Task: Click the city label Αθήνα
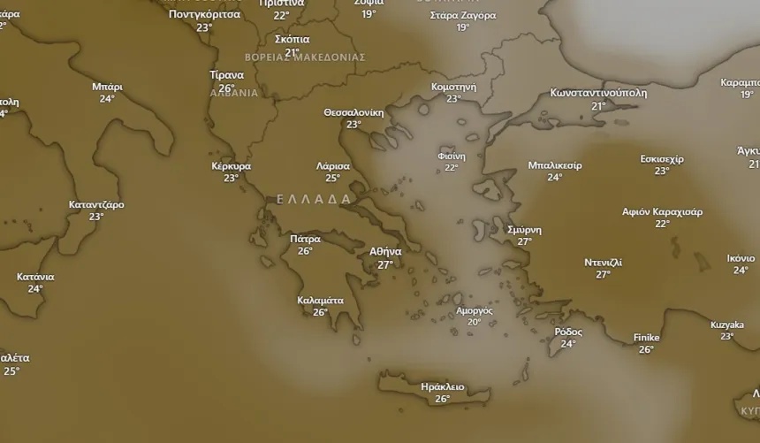(x=385, y=251)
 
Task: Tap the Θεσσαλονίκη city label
(x=353, y=112)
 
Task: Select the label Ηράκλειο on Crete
(x=442, y=386)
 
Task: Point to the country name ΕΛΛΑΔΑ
(x=314, y=199)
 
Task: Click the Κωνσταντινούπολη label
(x=598, y=93)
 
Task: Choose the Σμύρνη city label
(x=524, y=229)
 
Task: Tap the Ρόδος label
(x=568, y=332)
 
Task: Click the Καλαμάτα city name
(x=320, y=300)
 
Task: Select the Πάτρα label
(x=305, y=239)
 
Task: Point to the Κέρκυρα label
(x=231, y=165)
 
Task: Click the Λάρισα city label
(x=333, y=165)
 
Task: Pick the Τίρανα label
(x=226, y=75)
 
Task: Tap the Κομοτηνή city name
(x=453, y=87)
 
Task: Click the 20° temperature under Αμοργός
(x=474, y=323)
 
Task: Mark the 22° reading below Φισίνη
(x=451, y=168)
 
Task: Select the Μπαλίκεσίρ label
(x=554, y=164)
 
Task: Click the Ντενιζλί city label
(x=603, y=263)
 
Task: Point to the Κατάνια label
(x=35, y=277)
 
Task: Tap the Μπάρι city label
(x=107, y=87)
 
